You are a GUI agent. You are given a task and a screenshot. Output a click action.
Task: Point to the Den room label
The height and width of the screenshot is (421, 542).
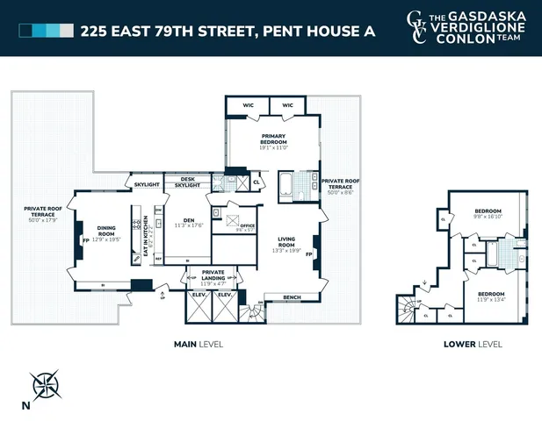click(x=186, y=221)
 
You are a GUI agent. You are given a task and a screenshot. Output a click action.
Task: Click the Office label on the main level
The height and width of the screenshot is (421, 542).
click(x=247, y=226)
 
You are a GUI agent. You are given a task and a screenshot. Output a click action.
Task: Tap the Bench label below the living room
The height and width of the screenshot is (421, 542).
click(x=292, y=297)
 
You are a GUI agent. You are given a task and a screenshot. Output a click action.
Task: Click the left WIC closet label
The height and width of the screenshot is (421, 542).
click(x=248, y=105)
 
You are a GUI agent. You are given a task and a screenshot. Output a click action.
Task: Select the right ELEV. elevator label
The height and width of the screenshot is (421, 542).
click(x=225, y=295)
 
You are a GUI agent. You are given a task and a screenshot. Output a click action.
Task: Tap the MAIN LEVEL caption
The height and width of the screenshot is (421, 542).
click(x=198, y=344)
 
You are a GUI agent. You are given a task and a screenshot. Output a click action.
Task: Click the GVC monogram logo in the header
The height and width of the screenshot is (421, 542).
click(x=420, y=27)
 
